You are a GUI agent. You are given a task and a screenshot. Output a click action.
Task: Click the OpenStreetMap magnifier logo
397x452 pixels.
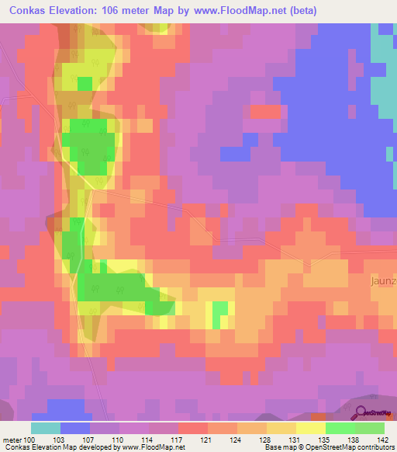pyautogui.click(x=361, y=412)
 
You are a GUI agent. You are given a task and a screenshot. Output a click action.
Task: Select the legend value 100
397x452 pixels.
pyautogui.click(x=30, y=440)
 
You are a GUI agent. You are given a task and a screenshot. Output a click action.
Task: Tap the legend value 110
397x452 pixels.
pyautogui.click(x=119, y=440)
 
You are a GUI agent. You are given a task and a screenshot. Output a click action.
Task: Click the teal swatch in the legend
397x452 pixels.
pyautogui.click(x=45, y=428)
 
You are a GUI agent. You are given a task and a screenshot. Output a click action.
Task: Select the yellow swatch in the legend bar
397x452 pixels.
pyautogui.click(x=310, y=428)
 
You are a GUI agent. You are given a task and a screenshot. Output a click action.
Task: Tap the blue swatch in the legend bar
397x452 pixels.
pyautogui.click(x=74, y=428)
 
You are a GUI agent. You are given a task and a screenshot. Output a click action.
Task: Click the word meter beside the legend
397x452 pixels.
pyautogui.click(x=12, y=440)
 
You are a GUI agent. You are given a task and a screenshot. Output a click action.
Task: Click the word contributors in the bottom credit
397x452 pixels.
pyautogui.click(x=375, y=447)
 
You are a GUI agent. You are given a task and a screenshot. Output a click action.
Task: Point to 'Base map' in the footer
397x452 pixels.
pyautogui.click(x=278, y=447)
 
